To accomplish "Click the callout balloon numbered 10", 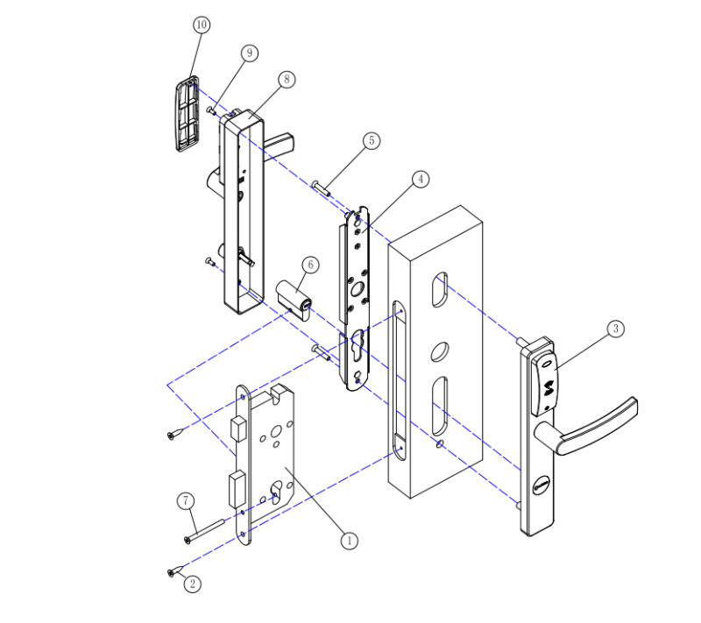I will pyautogui.click(x=201, y=25).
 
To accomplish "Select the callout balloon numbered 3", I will pyautogui.click(x=615, y=329).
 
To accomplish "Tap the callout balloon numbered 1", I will pyautogui.click(x=349, y=541).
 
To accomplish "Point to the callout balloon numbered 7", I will pyautogui.click(x=185, y=501).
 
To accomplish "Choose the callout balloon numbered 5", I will pyautogui.click(x=372, y=140).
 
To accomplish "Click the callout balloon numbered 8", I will pyautogui.click(x=286, y=79).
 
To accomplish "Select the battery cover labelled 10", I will pyautogui.click(x=185, y=114).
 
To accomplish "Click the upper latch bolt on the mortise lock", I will pyautogui.click(x=236, y=430).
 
